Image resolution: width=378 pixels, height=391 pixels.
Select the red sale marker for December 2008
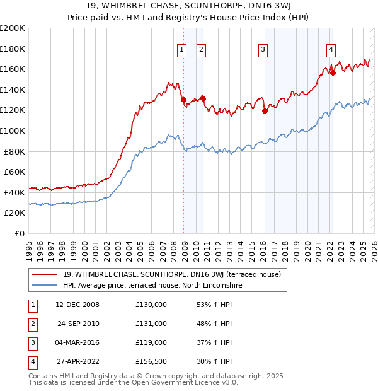(x=183, y=100)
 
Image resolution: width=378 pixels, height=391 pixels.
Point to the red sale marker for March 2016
(x=265, y=111)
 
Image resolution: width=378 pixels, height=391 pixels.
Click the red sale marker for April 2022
(x=333, y=73)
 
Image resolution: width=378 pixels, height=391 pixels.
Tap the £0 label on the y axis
(x=19, y=233)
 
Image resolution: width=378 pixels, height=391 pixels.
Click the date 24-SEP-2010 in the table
(x=78, y=324)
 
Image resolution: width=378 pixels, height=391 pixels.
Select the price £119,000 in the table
(x=151, y=342)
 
